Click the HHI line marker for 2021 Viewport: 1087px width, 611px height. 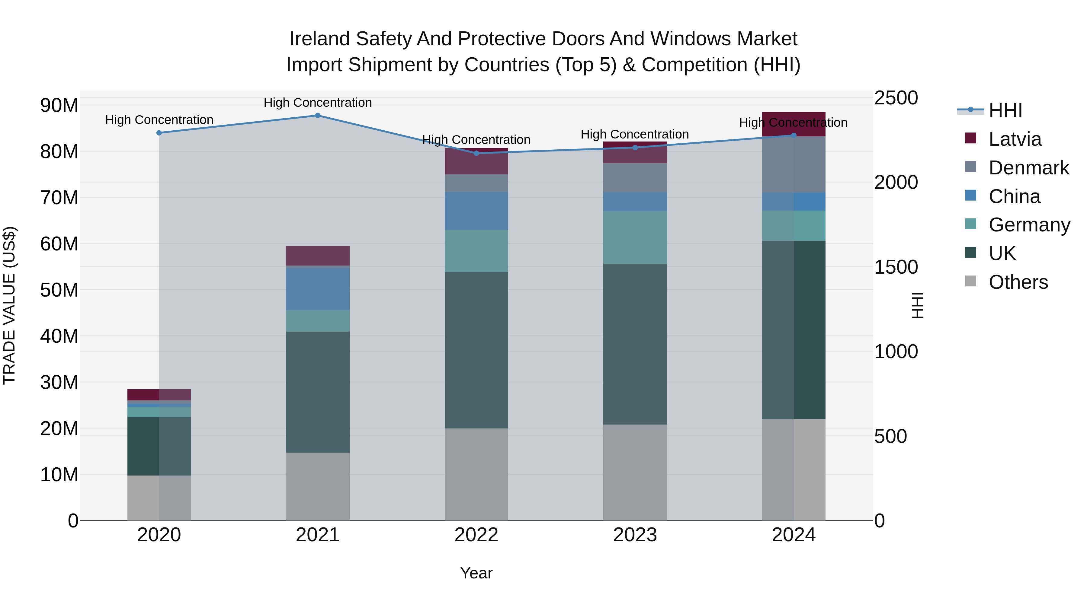coord(318,116)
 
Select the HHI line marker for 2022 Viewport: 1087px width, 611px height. coord(476,153)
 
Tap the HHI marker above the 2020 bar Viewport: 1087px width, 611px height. coord(159,133)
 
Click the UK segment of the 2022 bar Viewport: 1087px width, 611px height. coord(476,350)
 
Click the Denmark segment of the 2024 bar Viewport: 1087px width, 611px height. coord(794,164)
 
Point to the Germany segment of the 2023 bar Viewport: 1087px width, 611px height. coord(635,237)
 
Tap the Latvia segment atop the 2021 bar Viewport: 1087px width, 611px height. coord(318,256)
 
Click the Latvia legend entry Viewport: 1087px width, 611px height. coord(1015,139)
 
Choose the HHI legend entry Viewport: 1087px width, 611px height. coord(1005,110)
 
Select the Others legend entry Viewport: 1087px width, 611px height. coord(1018,282)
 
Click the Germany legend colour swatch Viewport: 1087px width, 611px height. coord(970,224)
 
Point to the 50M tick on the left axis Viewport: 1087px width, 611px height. coord(59,290)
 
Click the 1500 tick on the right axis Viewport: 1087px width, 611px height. coord(896,267)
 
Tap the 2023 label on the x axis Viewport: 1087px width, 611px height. coord(635,535)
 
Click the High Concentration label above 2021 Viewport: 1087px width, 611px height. coord(318,103)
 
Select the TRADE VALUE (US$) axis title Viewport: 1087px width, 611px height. coord(9,305)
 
